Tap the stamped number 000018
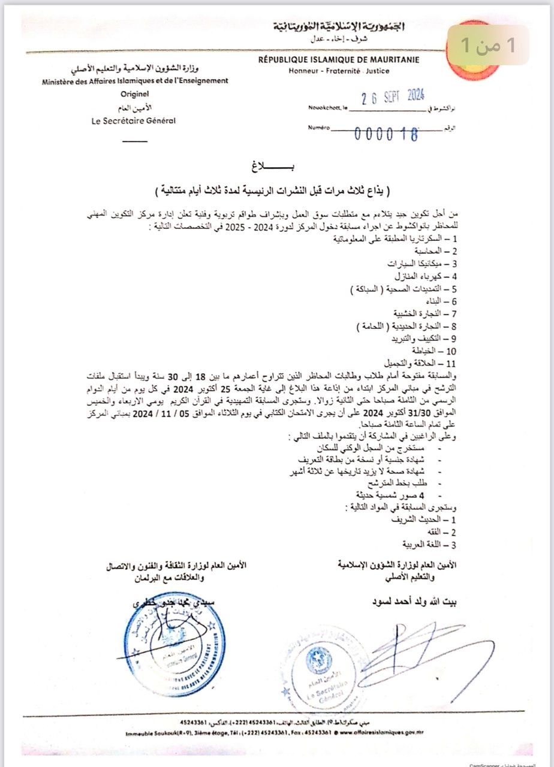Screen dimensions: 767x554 (386, 134)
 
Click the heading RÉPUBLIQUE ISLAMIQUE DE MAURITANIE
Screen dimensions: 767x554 (339, 59)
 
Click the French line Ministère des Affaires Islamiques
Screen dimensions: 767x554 (136, 80)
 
